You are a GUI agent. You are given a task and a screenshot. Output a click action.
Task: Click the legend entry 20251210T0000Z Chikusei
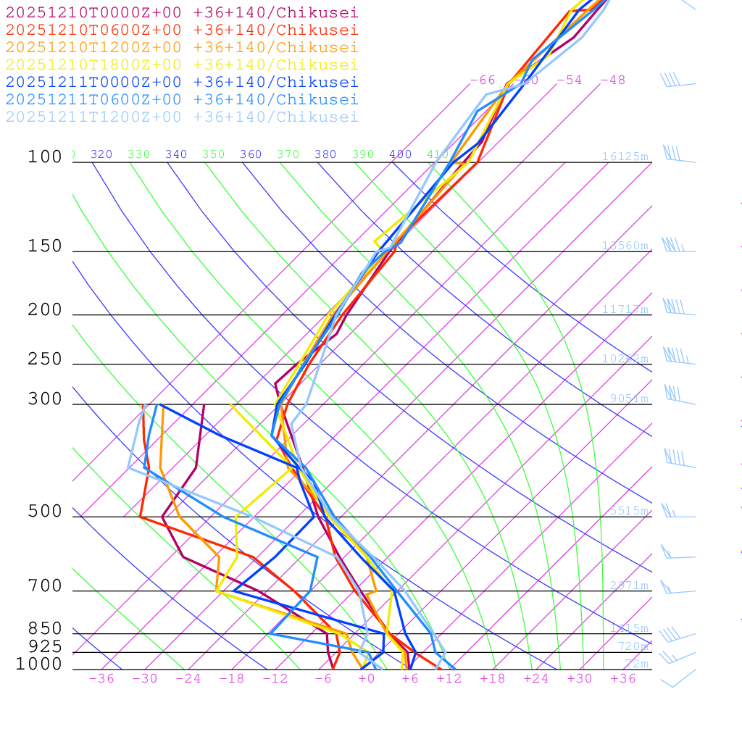coord(182,12)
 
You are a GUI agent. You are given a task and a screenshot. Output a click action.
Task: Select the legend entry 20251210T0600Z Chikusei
coord(182,30)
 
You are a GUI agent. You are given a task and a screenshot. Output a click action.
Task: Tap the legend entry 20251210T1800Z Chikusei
coord(182,64)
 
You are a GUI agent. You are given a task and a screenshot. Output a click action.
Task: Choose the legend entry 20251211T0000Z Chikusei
coord(182,82)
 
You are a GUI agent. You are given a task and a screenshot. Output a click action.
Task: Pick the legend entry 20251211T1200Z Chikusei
coord(182,117)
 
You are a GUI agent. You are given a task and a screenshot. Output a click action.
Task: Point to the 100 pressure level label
coord(46,157)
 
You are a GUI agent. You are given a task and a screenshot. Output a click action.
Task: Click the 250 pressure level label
coord(46,359)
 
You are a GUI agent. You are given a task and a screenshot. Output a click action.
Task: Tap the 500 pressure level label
coord(46,511)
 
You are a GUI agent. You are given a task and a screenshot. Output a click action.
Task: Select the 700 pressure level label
coord(46,585)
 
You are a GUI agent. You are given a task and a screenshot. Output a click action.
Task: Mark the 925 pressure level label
coord(46,646)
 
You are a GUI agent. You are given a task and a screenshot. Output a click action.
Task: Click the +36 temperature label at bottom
coord(623,678)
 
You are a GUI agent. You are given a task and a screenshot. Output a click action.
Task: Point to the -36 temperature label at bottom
coord(101,678)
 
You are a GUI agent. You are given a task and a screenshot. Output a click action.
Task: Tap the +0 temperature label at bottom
coord(367,678)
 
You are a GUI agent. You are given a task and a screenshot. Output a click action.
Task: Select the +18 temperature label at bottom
coord(493,678)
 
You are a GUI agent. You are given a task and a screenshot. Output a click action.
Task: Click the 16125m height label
coord(625,157)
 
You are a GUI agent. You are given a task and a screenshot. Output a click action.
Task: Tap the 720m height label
coord(633,646)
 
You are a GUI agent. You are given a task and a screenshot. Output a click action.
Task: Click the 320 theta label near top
coord(101,154)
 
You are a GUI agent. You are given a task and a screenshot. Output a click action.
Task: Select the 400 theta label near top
coord(400,154)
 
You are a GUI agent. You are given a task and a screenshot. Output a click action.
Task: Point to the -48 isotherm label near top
coord(612,80)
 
